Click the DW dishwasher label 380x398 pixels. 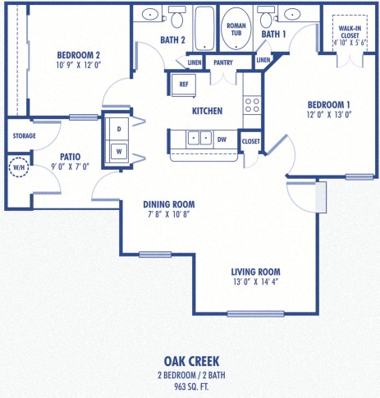coord(222,140)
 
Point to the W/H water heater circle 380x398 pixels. coord(17,169)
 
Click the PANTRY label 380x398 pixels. coord(222,62)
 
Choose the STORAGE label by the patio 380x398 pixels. coord(24,135)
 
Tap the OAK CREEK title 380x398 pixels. coord(190,360)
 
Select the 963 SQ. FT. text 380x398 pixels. coord(190,386)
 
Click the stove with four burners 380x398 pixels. coord(252,104)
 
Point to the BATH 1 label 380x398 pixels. coord(272,34)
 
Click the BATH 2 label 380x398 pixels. coord(172,39)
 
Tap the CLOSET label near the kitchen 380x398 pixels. coord(250,141)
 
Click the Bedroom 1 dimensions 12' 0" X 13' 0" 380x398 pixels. coord(328,116)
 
